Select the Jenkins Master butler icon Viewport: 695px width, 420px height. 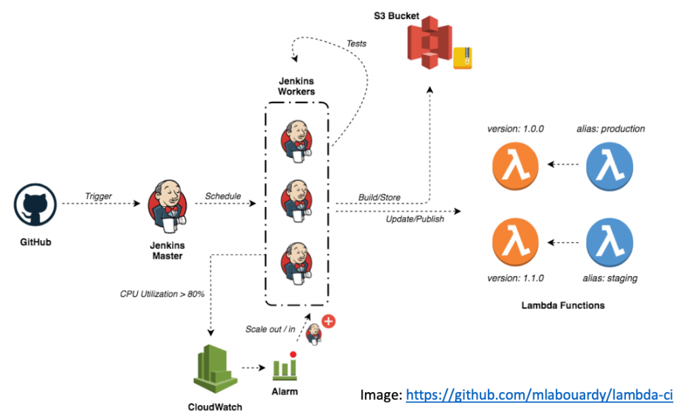(167, 204)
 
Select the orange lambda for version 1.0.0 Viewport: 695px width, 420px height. (515, 164)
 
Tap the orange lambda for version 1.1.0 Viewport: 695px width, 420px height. (515, 242)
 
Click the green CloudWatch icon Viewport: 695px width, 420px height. (214, 369)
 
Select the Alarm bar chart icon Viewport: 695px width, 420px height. (285, 368)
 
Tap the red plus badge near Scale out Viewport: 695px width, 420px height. (328, 321)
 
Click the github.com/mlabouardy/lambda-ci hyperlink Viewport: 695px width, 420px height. (540, 395)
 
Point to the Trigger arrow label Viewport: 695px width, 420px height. (98, 196)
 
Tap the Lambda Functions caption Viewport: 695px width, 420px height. (563, 305)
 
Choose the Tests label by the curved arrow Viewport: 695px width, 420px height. (356, 43)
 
